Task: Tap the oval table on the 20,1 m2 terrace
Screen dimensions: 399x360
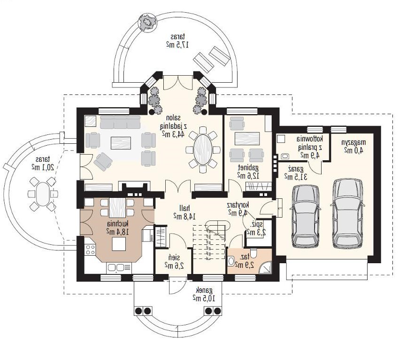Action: click(42, 194)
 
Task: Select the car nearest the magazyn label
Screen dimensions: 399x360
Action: click(347, 213)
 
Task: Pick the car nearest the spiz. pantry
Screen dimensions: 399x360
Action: click(305, 216)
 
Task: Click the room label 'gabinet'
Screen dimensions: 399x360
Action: click(248, 168)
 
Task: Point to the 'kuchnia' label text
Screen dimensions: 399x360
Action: click(117, 224)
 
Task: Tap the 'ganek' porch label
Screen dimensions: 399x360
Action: click(204, 290)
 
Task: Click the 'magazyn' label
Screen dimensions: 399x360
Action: click(353, 142)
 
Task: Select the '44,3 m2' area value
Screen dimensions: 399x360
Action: click(173, 133)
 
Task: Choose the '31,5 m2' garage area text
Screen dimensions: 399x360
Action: click(295, 177)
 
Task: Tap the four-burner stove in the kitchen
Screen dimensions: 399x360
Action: click(90, 250)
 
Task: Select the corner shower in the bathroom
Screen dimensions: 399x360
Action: click(265, 267)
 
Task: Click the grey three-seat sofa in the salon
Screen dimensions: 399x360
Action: click(120, 122)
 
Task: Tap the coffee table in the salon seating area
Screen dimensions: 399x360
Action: click(121, 143)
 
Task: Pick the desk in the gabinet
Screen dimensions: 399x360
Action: click(247, 138)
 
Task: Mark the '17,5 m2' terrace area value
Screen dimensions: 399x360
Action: click(177, 45)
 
